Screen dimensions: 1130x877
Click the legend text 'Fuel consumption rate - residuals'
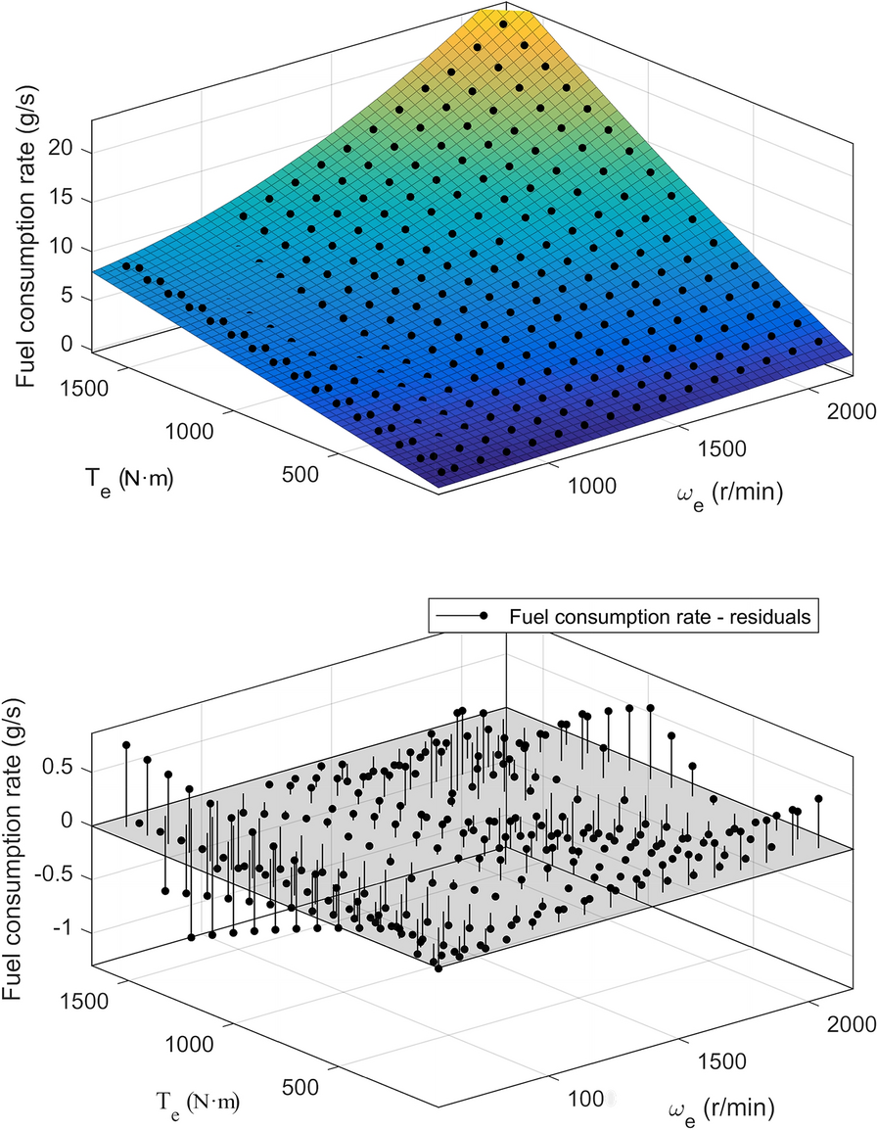click(x=662, y=617)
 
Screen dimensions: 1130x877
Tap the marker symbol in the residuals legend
click(x=483, y=617)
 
